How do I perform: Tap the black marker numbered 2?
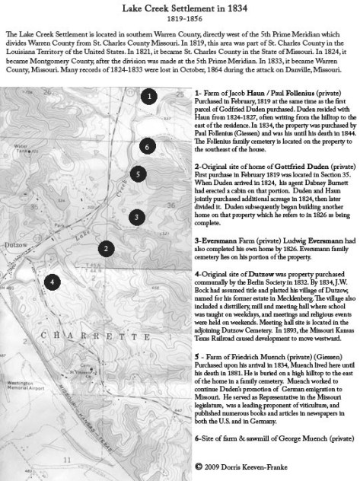click(109, 247)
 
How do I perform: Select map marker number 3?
click(135, 217)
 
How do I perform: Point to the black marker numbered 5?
click(137, 174)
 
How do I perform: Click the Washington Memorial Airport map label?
click(27, 423)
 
